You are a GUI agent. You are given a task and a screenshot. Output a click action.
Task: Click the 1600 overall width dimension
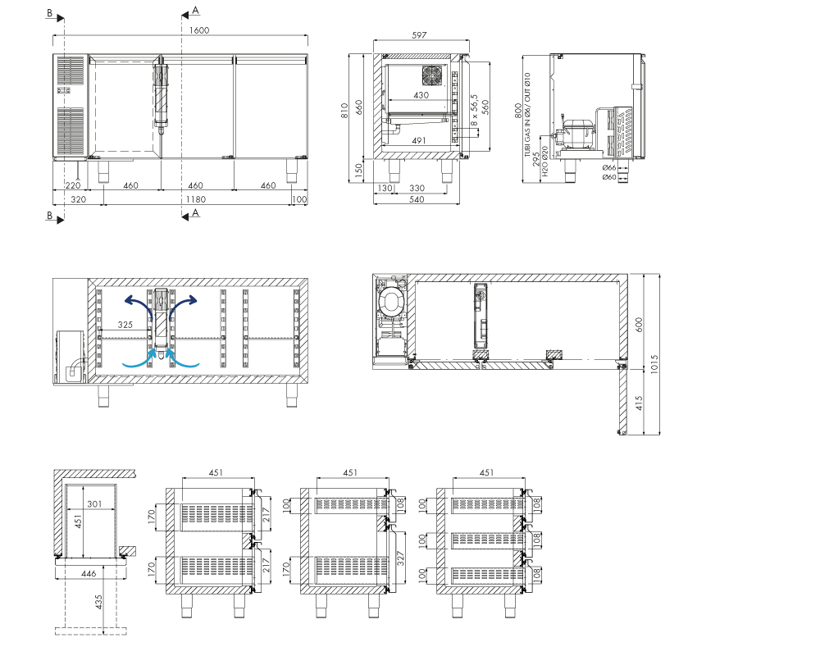click(x=198, y=30)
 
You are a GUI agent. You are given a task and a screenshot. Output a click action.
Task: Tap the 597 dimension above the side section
click(x=419, y=35)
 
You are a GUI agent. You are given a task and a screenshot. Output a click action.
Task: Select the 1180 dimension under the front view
click(x=196, y=199)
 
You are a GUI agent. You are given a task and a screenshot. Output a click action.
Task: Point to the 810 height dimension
click(x=344, y=110)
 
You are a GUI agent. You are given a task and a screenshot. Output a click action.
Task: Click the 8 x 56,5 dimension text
click(x=474, y=110)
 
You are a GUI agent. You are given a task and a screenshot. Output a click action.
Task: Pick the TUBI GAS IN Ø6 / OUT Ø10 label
click(x=527, y=115)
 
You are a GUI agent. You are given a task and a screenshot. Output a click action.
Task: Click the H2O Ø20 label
click(x=545, y=161)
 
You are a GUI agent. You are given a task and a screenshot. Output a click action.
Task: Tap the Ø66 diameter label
click(x=609, y=168)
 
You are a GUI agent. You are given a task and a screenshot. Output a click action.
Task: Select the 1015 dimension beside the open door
click(x=654, y=363)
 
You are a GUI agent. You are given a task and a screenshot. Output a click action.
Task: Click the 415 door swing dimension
click(x=639, y=403)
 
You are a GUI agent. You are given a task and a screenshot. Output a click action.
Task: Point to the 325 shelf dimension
click(x=125, y=325)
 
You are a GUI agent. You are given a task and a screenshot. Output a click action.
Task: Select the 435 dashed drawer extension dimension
click(x=98, y=602)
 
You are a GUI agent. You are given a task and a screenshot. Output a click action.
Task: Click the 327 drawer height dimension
click(x=401, y=559)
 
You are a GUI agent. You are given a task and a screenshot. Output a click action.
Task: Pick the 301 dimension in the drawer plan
click(x=94, y=503)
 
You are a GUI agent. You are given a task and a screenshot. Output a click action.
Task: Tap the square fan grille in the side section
click(x=432, y=76)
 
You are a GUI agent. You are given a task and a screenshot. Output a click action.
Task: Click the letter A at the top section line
click(x=196, y=11)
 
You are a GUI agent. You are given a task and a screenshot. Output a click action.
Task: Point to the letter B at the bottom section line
click(x=50, y=215)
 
